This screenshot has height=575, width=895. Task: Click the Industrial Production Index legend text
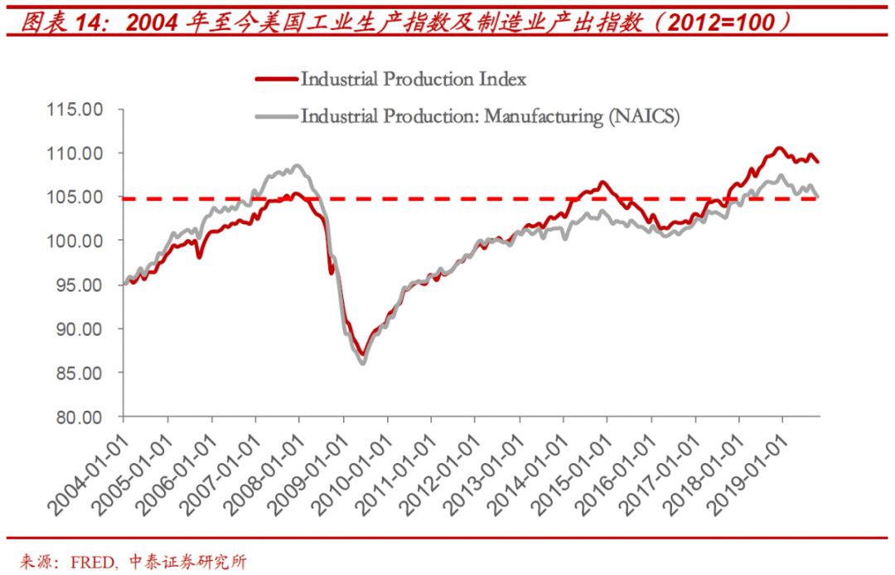click(x=414, y=80)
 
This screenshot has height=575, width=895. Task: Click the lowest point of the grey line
click(x=362, y=363)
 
